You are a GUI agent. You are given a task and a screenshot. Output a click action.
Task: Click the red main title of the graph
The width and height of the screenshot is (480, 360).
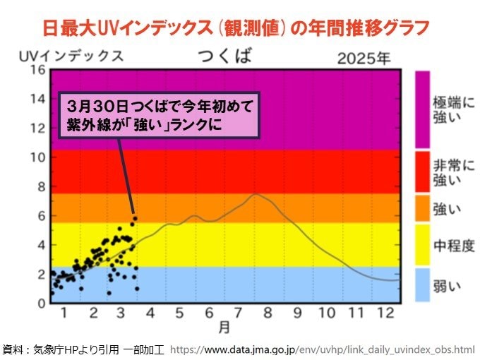click(x=235, y=28)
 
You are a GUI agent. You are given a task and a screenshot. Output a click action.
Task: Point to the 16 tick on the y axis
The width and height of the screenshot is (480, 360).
click(x=37, y=69)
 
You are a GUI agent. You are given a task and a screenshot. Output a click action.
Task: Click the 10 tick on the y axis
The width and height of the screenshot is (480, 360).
click(x=37, y=157)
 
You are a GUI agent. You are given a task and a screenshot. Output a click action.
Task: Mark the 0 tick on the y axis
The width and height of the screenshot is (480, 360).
click(x=41, y=304)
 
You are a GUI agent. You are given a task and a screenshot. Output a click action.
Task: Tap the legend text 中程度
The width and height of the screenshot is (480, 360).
click(x=453, y=246)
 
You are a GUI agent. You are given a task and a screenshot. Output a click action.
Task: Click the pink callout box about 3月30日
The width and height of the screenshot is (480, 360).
click(x=160, y=114)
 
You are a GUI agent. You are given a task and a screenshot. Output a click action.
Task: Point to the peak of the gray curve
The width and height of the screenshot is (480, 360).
click(x=257, y=193)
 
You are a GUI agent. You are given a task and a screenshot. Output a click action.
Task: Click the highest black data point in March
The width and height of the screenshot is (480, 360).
click(x=134, y=217)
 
